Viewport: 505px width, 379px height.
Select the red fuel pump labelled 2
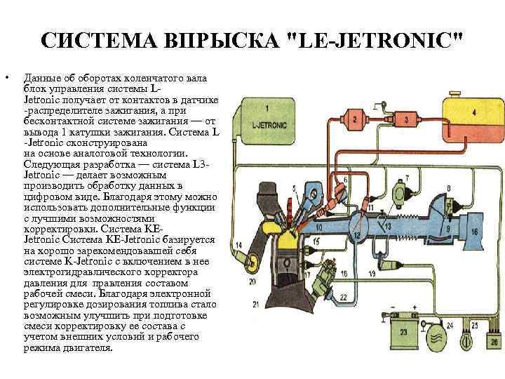pos(356,120)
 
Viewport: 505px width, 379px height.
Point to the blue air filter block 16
pos(474,231)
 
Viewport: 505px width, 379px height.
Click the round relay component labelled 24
pos(436,336)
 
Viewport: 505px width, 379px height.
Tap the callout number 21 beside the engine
pos(255,304)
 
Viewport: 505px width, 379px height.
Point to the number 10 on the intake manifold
pos(318,227)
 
